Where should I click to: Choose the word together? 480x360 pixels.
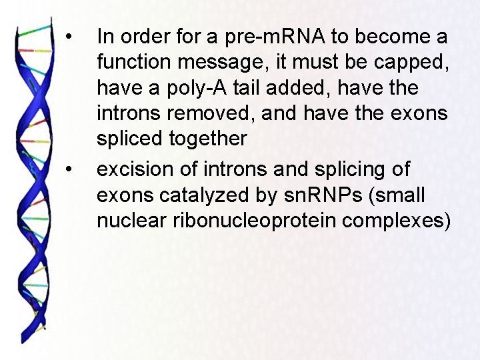209,139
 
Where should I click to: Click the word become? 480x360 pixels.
385,36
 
